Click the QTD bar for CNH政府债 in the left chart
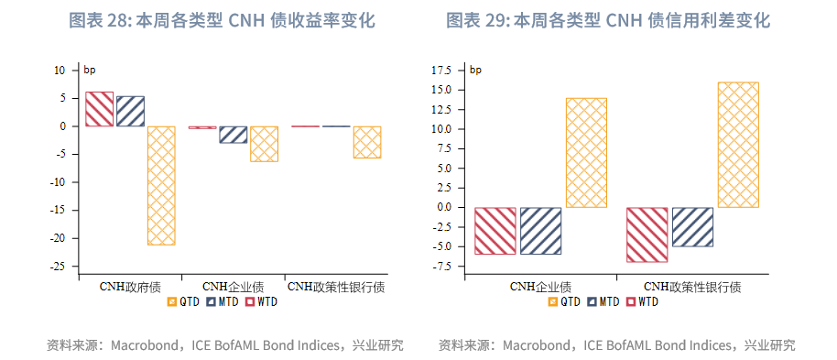pyautogui.click(x=161, y=185)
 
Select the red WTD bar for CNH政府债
pyautogui.click(x=99, y=109)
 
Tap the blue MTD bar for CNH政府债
pyautogui.click(x=130, y=111)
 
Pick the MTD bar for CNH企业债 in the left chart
pyautogui.click(x=233, y=135)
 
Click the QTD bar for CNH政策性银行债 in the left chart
pyautogui.click(x=367, y=142)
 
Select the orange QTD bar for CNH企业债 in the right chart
pyautogui.click(x=586, y=152)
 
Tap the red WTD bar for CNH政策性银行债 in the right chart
pyautogui.click(x=647, y=235)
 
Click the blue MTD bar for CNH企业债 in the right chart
pyautogui.click(x=540, y=230)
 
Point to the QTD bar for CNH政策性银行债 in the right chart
pyautogui.click(x=738, y=145)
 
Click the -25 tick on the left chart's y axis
pyautogui.click(x=59, y=267)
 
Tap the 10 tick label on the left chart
pyautogui.click(x=60, y=70)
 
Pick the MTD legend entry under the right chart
pyautogui.click(x=603, y=301)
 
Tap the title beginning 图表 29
pyautogui.click(x=608, y=20)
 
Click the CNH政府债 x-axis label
pyautogui.click(x=130, y=287)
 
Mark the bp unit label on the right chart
pyautogui.click(x=475, y=70)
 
